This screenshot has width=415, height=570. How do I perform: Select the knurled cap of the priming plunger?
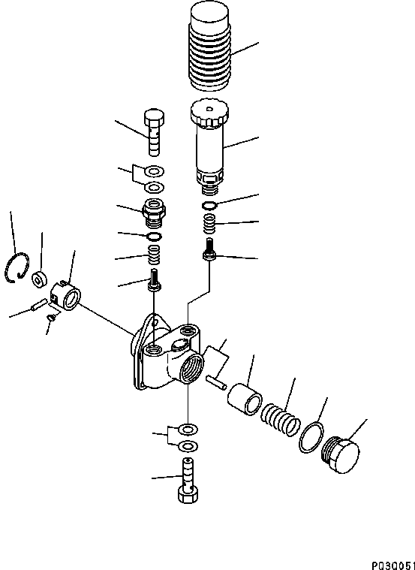point(209,114)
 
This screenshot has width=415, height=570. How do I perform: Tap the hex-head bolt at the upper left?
point(152,132)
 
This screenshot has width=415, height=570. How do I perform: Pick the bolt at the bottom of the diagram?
point(185,482)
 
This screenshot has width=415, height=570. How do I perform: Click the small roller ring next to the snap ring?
point(38,279)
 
